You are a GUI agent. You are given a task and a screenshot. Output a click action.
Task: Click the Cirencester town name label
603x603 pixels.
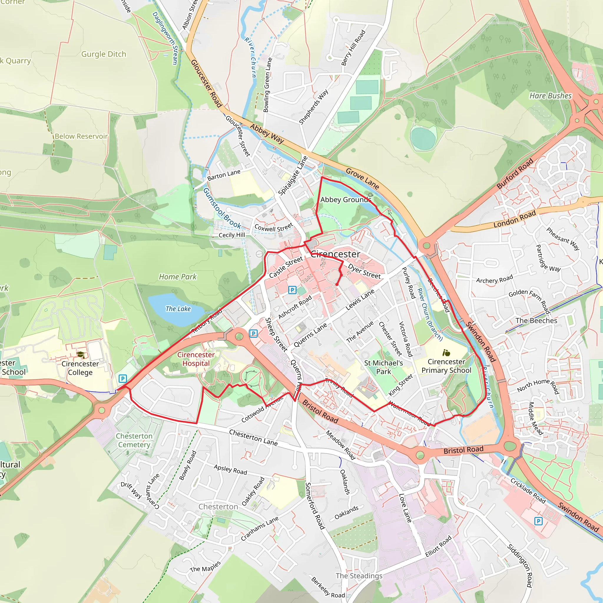336,254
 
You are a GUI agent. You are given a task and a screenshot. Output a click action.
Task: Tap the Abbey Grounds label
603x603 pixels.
345,200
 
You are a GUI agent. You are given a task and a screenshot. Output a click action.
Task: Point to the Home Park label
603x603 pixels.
178,277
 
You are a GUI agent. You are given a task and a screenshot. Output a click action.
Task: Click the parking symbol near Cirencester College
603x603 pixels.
123,379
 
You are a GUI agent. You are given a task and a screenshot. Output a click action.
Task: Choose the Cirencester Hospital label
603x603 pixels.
196,359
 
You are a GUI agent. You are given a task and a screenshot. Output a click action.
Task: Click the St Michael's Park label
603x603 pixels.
383,367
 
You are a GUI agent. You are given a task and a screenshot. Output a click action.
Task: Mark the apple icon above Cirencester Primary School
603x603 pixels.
446,353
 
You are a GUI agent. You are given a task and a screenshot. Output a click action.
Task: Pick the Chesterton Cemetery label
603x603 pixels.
134,440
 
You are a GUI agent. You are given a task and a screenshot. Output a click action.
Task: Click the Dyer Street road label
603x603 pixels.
364,271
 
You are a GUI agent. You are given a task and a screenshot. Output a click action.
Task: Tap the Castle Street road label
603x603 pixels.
286,267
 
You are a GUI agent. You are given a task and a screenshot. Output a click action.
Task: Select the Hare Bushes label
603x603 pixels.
551,96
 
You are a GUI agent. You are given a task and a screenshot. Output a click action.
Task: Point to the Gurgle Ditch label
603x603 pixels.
104,54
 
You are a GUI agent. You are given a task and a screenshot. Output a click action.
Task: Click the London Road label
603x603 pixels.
514,219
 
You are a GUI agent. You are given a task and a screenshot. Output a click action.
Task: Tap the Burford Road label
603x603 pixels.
515,173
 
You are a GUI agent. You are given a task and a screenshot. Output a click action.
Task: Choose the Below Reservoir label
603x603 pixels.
81,136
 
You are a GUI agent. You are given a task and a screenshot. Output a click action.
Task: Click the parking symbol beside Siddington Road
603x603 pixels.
539,521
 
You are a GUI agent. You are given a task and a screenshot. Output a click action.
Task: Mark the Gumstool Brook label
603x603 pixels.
222,208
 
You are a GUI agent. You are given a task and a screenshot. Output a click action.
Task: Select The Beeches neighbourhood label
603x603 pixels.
536,321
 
